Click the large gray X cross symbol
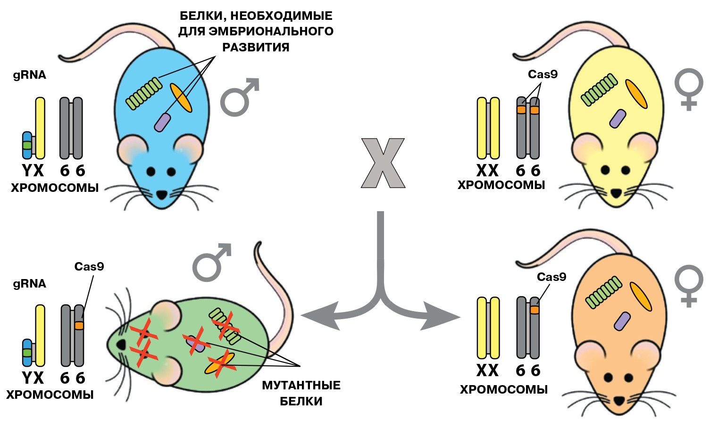pos(383,163)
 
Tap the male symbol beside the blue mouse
pos(239,98)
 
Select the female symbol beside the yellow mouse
pos(688,90)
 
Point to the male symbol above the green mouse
pos(211,262)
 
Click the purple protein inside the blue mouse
pos(161,122)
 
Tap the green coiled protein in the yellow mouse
pos(599,90)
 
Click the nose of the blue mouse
pos(162,194)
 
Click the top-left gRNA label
pos(29,75)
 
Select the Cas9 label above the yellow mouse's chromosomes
pos(543,74)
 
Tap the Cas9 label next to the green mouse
pos(89,267)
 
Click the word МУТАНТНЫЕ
pos(301,386)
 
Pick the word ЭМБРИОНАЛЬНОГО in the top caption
pos(255,31)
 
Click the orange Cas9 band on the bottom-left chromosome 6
pos(79,326)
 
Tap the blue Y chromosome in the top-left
pos(27,145)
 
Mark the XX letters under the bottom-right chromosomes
pos(487,371)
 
